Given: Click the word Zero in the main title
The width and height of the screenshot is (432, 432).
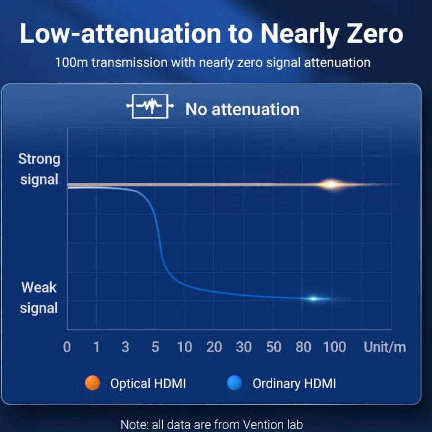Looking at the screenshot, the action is point(375,33).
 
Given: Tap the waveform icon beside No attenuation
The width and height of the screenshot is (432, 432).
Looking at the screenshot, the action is point(150,106).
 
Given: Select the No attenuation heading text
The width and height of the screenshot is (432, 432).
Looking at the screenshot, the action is point(242,109).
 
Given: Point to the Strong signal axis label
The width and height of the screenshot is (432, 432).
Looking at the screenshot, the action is point(39,169).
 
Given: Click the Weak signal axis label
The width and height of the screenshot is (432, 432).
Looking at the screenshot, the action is point(39,297).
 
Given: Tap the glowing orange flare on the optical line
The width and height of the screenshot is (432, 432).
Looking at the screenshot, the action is point(332,184).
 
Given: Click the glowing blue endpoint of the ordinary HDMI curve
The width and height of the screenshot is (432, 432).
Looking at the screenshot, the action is point(313,299).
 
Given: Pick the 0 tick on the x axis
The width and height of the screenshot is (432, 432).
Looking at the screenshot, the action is point(67,347).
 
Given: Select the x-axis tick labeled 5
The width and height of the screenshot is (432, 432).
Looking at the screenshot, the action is point(155,347).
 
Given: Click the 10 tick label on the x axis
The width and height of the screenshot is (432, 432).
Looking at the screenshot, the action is point(184,347).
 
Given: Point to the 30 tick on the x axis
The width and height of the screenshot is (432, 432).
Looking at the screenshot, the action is point(243,347).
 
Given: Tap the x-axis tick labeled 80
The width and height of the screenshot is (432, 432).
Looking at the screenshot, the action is point(303,347).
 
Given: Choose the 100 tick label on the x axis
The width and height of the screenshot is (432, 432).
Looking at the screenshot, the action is point(335,347).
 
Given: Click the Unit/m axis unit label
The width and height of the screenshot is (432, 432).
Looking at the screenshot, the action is point(385,347).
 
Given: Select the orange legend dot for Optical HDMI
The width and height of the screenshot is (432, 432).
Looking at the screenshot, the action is point(92,383).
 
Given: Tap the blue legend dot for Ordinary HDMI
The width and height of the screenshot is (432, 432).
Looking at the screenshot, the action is point(235,383).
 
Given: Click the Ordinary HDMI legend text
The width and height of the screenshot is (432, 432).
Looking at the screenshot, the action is point(294,383).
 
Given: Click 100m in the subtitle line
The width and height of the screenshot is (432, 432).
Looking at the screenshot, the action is point(71,62).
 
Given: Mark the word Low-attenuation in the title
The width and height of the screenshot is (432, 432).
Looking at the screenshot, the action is point(120,33).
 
